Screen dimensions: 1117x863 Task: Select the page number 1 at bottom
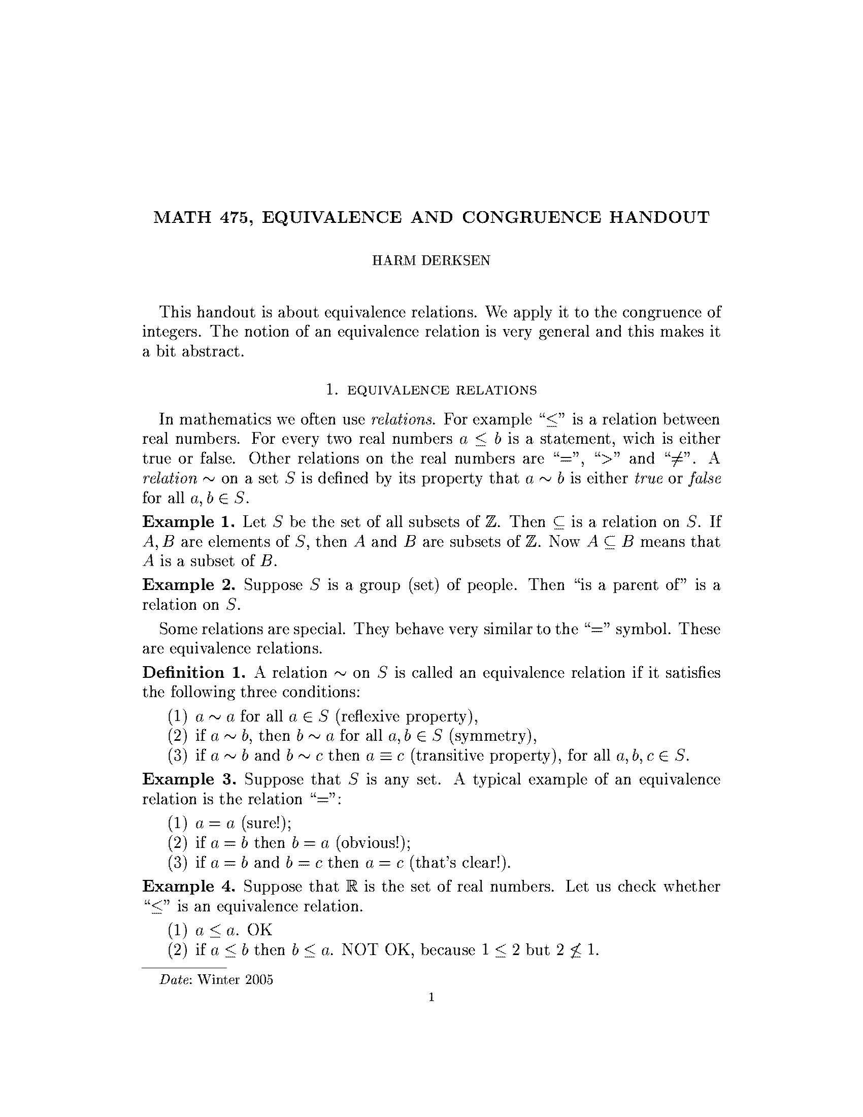pyautogui.click(x=432, y=997)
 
